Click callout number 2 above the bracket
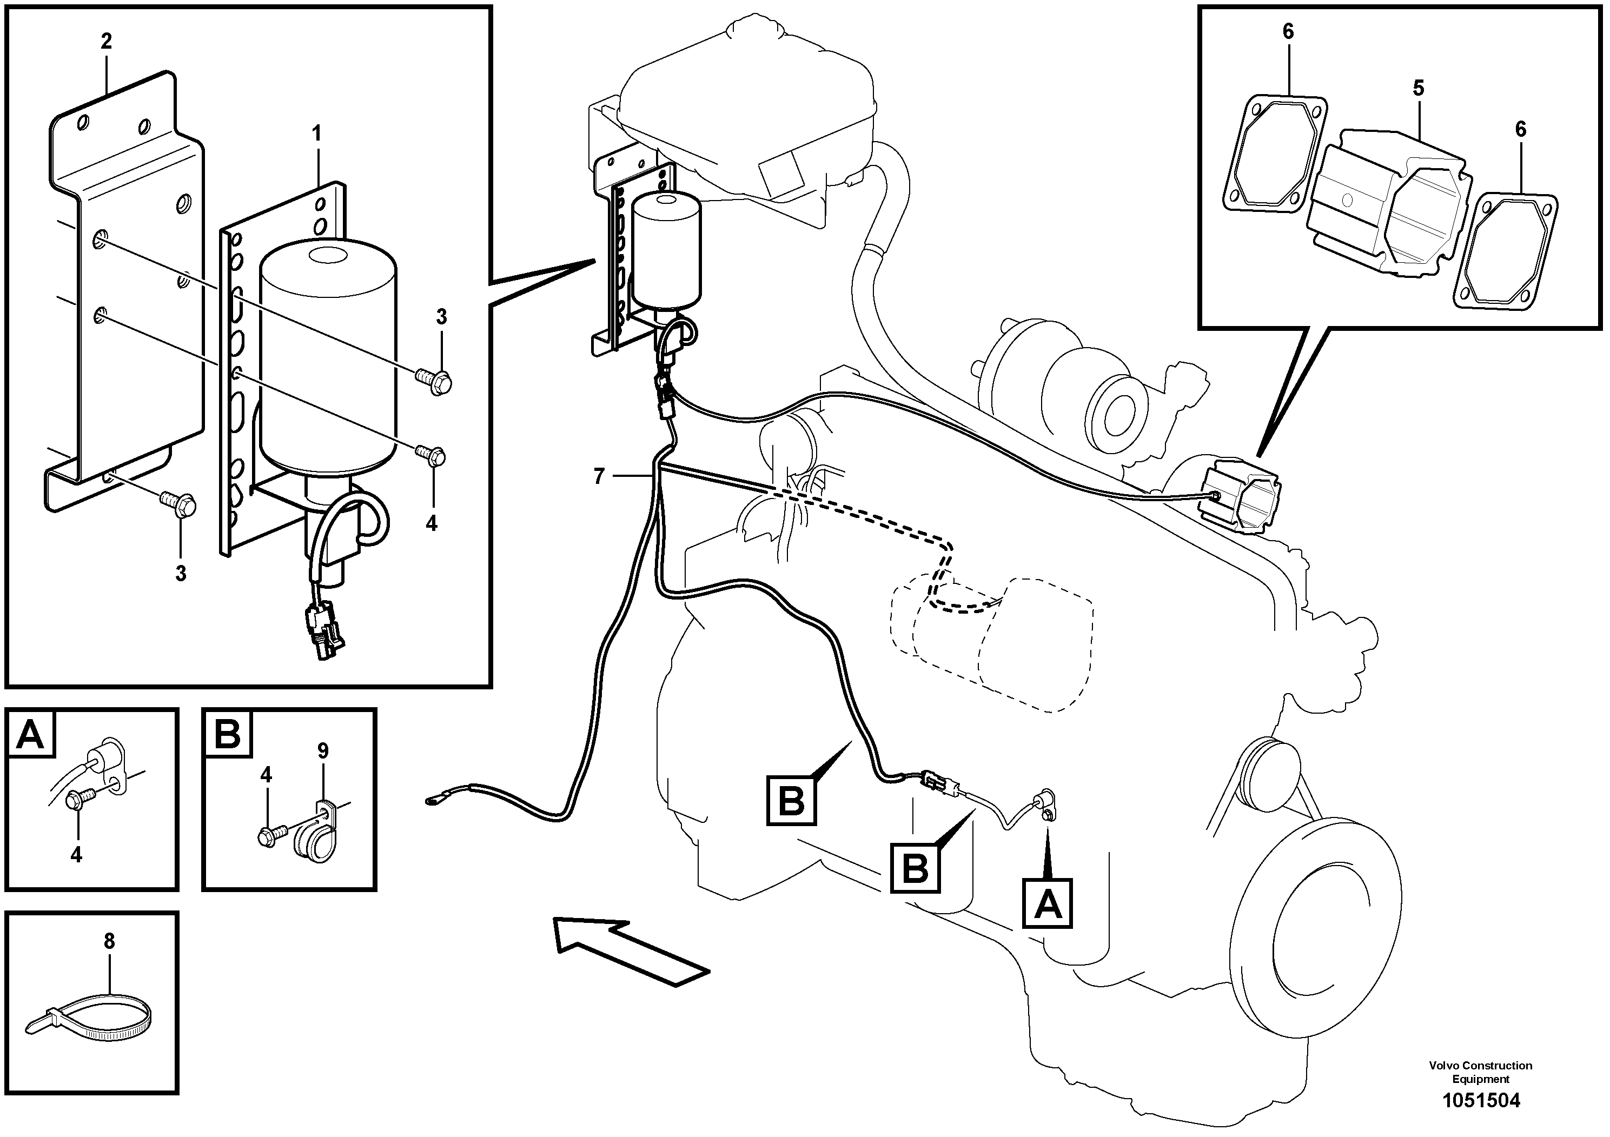click(x=106, y=41)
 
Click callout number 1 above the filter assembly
click(x=316, y=133)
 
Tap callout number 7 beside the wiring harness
click(x=598, y=477)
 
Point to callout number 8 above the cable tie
click(x=109, y=941)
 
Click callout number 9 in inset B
click(x=322, y=751)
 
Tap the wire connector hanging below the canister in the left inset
click(x=322, y=631)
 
